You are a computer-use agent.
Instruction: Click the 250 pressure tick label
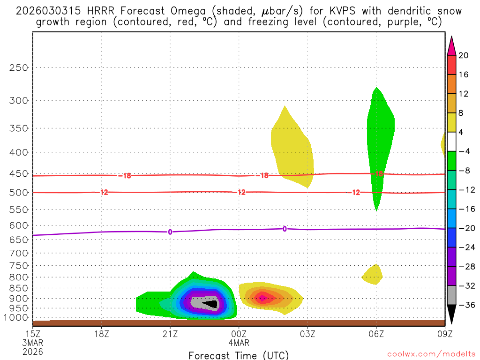(x=19, y=67)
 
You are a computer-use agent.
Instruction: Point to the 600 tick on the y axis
(x=19, y=225)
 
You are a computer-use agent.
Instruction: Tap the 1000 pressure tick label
(x=17, y=318)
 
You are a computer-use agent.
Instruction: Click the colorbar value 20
(x=464, y=55)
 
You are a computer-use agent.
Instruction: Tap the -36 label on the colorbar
(x=465, y=305)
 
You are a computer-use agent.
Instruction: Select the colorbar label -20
(x=465, y=228)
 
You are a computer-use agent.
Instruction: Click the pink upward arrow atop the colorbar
(x=451, y=45)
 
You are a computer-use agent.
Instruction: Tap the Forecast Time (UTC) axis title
(x=239, y=355)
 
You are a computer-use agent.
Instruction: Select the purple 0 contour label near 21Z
(x=170, y=232)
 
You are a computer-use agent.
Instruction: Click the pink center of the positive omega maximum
(x=262, y=298)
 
